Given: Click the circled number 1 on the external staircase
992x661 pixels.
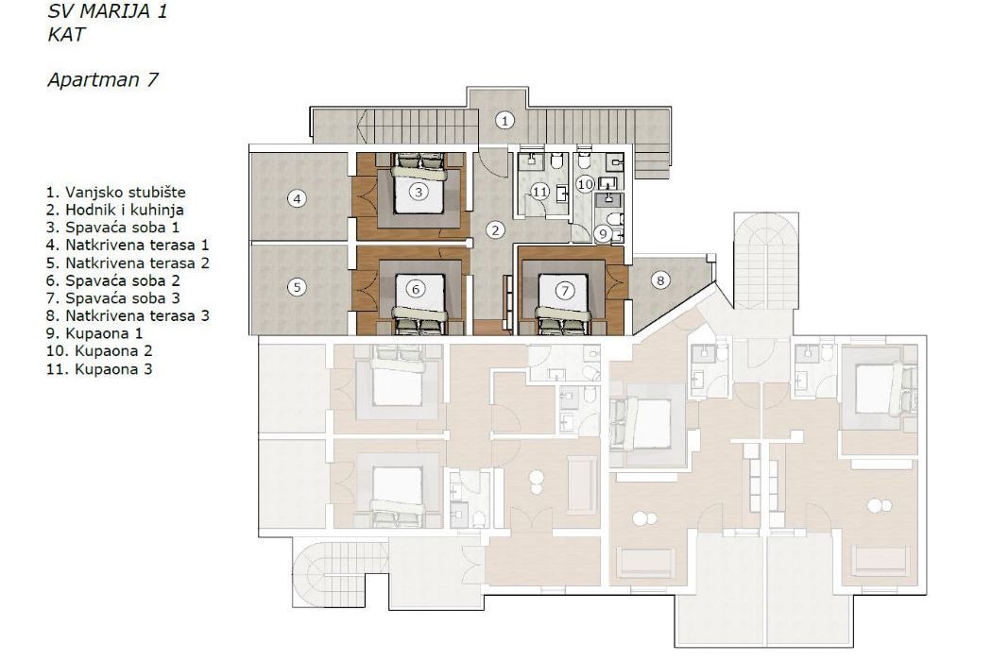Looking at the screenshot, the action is [x=505, y=120].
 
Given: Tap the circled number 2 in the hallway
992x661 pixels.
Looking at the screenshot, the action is [x=495, y=230].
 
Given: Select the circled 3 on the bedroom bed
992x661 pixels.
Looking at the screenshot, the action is [x=418, y=191].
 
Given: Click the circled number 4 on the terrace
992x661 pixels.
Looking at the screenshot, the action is [x=297, y=198].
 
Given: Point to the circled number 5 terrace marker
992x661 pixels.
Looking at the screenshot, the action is [x=297, y=287].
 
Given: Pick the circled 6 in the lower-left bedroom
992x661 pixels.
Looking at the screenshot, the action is [x=416, y=289].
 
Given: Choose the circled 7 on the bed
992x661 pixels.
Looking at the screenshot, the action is [x=564, y=290].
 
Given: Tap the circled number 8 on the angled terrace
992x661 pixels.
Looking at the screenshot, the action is [x=660, y=280].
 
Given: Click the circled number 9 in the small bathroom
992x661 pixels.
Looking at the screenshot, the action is [x=603, y=234].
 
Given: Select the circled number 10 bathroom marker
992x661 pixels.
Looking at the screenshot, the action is [x=585, y=184].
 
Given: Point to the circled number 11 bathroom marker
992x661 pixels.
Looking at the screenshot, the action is [x=539, y=191].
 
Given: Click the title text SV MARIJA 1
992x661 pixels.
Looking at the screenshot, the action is [x=107, y=11].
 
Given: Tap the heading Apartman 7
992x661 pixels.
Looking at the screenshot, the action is [x=102, y=79].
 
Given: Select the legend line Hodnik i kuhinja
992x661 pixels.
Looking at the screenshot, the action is [x=114, y=210].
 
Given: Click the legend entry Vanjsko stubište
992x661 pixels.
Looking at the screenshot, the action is [x=116, y=192].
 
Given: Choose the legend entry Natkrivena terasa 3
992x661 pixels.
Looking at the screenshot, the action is [x=128, y=315].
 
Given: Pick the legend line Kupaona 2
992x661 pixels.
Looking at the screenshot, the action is [x=99, y=350].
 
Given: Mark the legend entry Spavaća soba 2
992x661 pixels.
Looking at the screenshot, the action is [x=113, y=280].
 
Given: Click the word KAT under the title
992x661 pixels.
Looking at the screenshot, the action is [x=66, y=35].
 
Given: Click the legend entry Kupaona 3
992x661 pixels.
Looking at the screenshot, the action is [x=99, y=369].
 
